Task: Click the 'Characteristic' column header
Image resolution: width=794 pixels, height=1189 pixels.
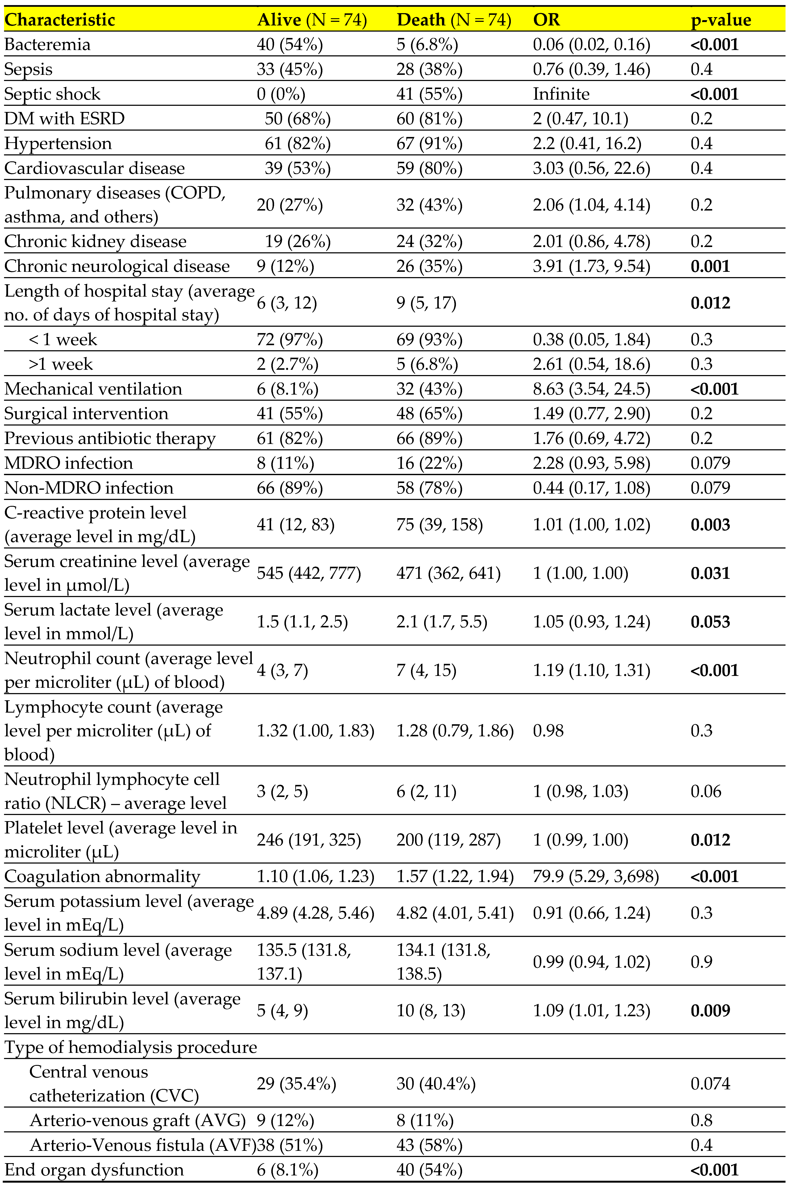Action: click(60, 20)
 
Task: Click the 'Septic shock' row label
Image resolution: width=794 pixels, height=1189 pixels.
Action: click(53, 94)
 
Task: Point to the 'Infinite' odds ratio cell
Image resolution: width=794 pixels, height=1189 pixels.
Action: click(561, 94)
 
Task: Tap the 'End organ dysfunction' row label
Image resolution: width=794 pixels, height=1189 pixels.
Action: click(94, 1170)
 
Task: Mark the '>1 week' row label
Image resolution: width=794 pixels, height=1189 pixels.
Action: click(61, 364)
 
